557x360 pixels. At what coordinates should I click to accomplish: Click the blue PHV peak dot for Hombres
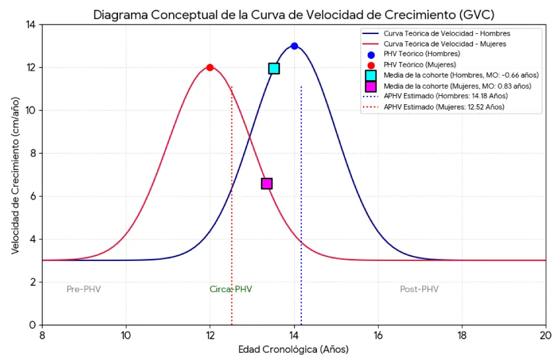click(294, 46)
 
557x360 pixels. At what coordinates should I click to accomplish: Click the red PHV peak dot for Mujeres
click(210, 67)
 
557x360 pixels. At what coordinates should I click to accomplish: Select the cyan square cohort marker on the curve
click(273, 69)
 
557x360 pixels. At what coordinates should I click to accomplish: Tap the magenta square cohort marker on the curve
click(267, 183)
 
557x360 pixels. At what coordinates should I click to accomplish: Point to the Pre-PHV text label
click(84, 289)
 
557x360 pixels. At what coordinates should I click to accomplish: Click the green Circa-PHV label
click(231, 289)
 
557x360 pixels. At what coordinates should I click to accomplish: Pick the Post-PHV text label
click(419, 289)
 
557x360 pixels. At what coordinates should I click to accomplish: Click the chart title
click(294, 14)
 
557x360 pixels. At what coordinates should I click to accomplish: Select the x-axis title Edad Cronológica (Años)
click(294, 349)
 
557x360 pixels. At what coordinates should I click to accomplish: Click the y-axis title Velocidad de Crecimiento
click(15, 174)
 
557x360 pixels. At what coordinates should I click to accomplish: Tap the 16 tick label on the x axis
click(378, 335)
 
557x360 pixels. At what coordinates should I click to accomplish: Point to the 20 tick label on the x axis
click(545, 335)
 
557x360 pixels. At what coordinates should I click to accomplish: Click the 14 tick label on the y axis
click(31, 25)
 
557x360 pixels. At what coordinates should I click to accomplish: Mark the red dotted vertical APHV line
click(232, 223)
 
